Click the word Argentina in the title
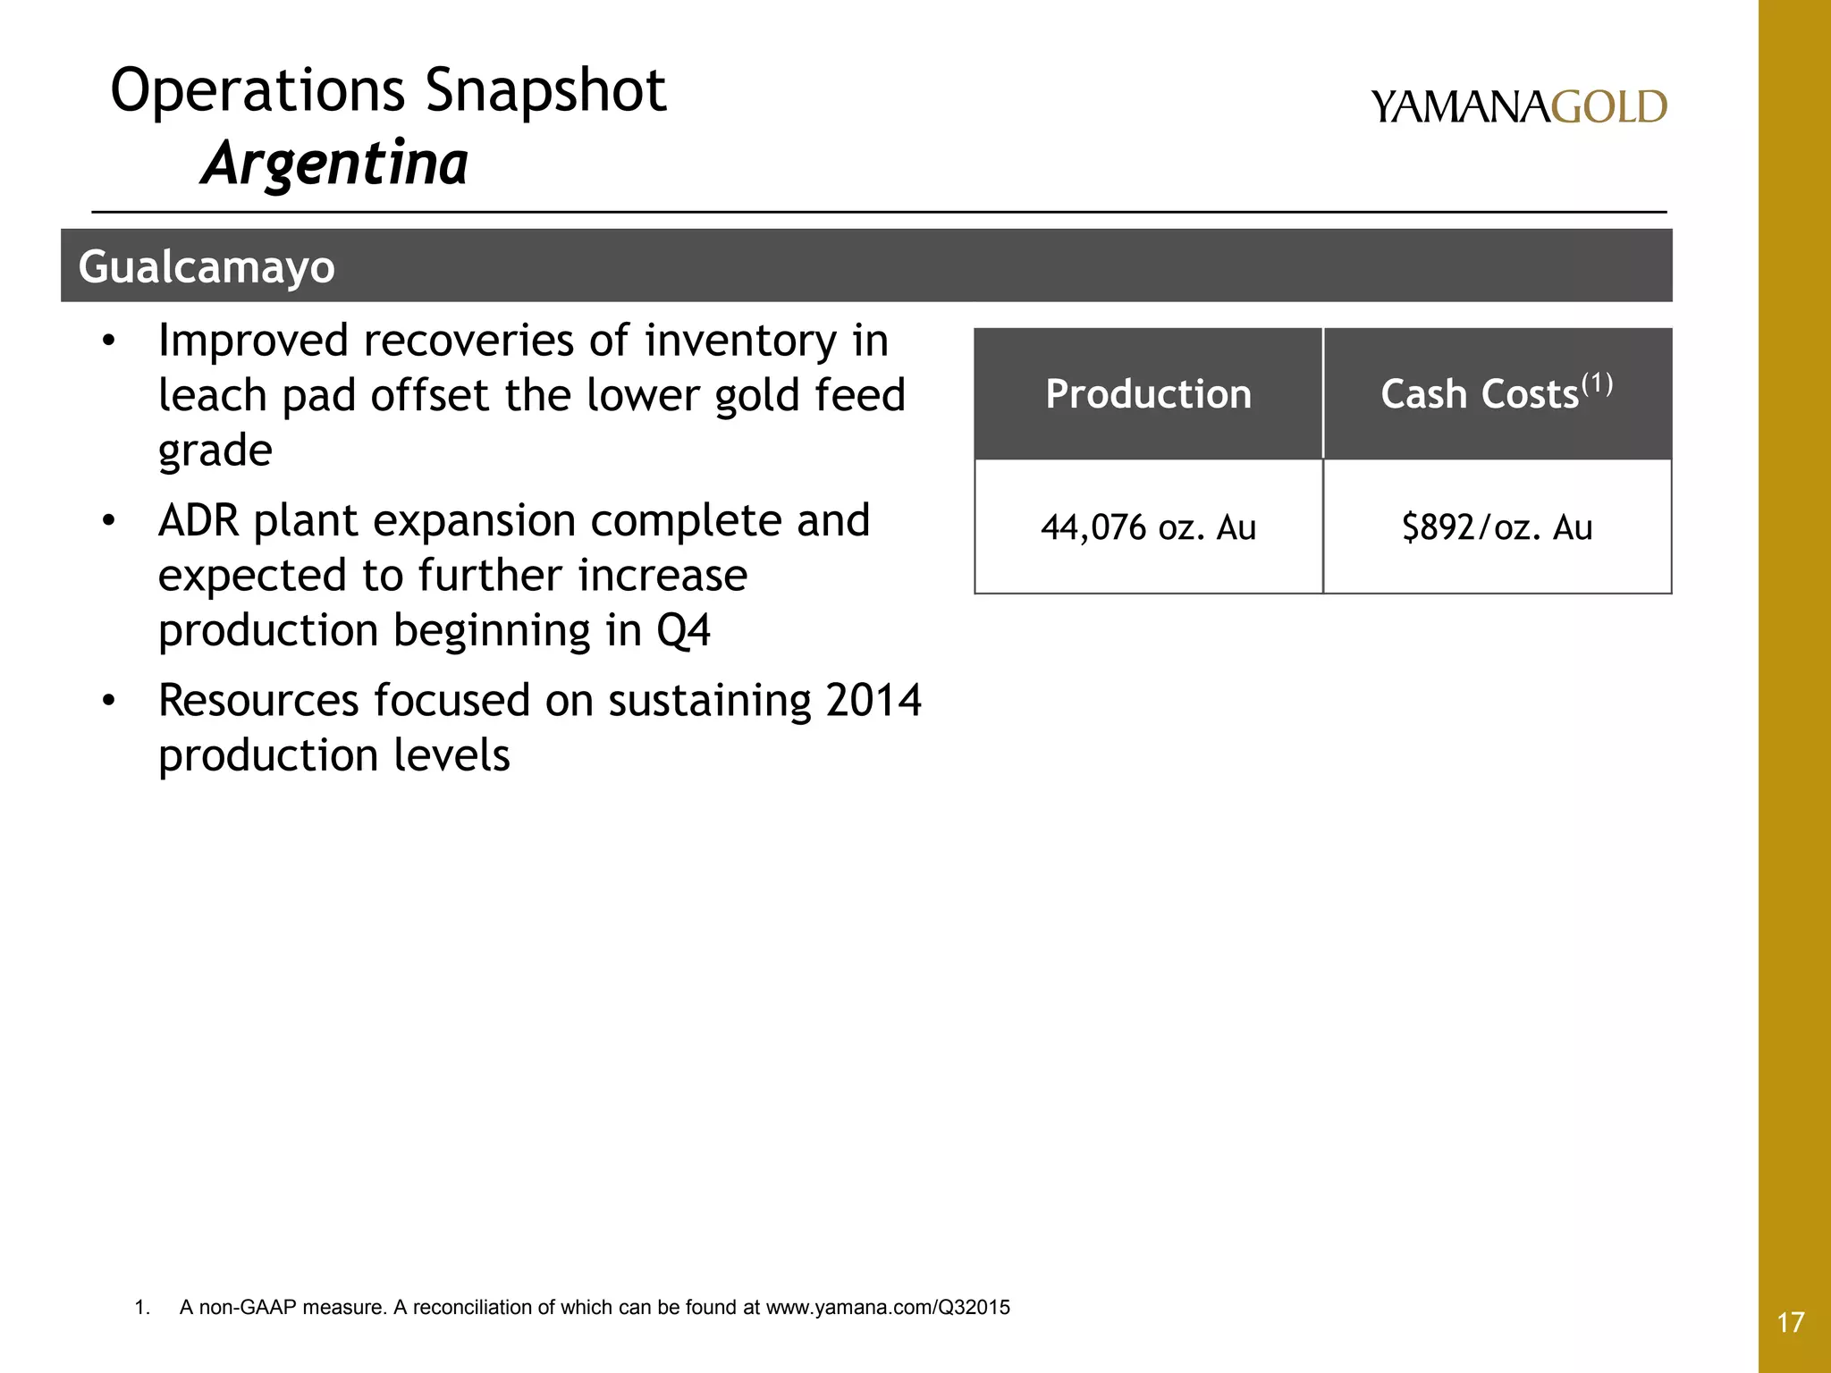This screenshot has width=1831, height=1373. click(x=334, y=164)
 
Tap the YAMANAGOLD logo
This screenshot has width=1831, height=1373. click(x=1518, y=106)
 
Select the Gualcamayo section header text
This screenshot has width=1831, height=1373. click(x=207, y=266)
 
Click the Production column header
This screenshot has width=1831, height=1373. click(x=1148, y=394)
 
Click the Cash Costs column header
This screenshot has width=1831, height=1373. click(x=1481, y=394)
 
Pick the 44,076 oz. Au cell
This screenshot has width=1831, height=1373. click(x=1148, y=527)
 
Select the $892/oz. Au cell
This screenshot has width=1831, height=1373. click(x=1497, y=527)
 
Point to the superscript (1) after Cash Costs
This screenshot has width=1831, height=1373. click(x=1597, y=384)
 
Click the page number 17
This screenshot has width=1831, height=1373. click(x=1791, y=1322)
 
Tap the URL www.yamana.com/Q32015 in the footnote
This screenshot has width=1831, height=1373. click(x=888, y=1308)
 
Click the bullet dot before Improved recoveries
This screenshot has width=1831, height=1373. click(x=108, y=342)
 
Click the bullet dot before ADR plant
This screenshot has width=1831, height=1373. click(x=108, y=522)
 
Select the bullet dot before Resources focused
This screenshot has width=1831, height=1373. click(x=108, y=702)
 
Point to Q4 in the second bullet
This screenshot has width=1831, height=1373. click(x=683, y=630)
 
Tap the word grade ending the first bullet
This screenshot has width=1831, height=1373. click(x=215, y=451)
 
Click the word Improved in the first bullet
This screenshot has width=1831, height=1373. click(x=253, y=341)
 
